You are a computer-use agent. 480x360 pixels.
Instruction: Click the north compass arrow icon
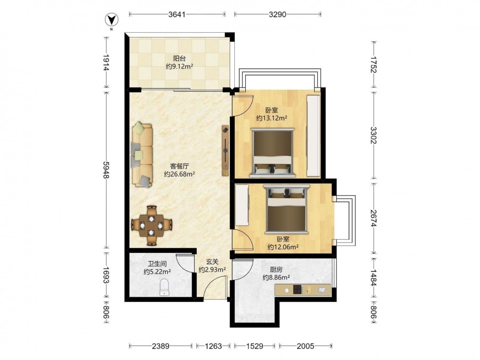point(112,21)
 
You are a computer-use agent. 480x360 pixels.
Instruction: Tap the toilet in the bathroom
point(165,287)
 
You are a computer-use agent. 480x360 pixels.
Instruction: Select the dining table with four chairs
point(151,226)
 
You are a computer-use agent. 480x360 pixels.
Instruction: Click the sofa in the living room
point(142,155)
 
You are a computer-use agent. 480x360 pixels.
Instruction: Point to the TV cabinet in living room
point(226,151)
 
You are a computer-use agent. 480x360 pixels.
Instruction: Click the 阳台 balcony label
point(180,58)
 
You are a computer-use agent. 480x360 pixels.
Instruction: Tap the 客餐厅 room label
point(180,166)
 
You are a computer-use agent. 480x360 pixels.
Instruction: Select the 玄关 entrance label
point(212,262)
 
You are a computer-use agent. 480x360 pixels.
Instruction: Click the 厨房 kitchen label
point(276,270)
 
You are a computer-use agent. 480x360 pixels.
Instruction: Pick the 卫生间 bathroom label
point(157,264)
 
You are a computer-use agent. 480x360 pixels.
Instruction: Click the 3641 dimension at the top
point(177,14)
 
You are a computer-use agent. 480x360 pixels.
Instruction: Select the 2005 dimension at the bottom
point(305,346)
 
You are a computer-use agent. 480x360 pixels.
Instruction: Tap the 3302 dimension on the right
point(373,135)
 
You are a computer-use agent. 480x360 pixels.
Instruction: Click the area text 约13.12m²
point(272,118)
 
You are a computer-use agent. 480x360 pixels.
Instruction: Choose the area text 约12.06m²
point(283,247)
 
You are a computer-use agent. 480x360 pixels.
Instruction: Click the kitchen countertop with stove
point(303,290)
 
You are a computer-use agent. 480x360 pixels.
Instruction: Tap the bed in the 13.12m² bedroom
point(273,153)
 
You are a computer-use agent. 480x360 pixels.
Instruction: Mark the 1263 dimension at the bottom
point(214,346)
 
